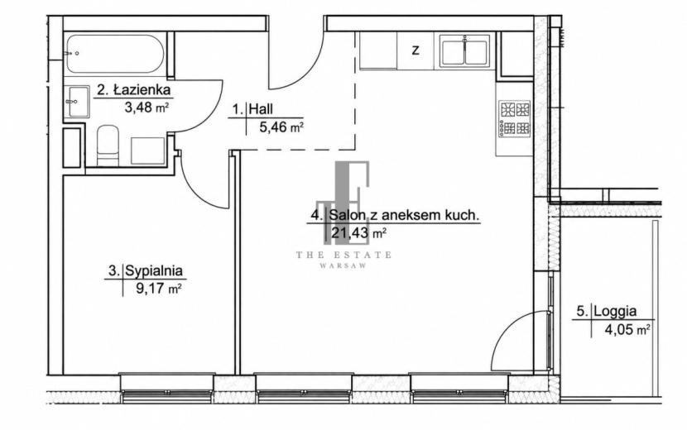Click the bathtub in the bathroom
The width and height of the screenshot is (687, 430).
[x=115, y=54]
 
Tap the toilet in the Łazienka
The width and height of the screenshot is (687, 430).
[x=108, y=146]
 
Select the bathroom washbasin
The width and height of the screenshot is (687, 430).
[x=79, y=102]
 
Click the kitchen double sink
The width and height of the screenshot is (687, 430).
[x=465, y=51]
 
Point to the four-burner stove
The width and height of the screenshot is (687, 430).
[x=515, y=118]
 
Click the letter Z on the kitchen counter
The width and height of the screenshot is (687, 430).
[x=416, y=50]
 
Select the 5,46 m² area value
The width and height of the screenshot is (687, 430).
[x=281, y=127]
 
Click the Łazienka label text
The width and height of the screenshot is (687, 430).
[x=133, y=90]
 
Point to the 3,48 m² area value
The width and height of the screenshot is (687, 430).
[x=147, y=107]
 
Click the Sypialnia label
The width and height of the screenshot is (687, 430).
[x=146, y=271]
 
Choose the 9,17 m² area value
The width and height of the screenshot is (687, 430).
[x=159, y=289]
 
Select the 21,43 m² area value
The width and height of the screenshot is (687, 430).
[x=358, y=233]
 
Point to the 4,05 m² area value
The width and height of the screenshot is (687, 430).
[x=627, y=329]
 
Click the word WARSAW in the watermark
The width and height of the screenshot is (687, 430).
[x=343, y=265]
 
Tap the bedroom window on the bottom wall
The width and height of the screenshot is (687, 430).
[x=167, y=388]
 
